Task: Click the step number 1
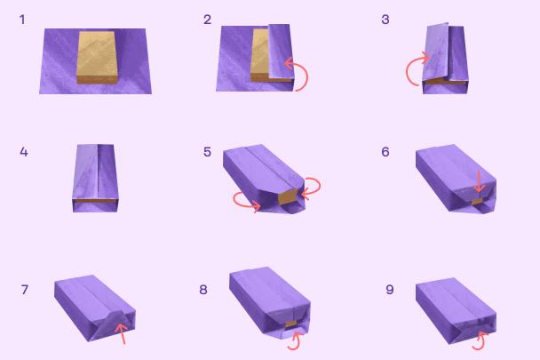click(x=22, y=20)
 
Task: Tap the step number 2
click(x=207, y=20)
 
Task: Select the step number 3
click(x=385, y=20)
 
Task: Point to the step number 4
click(x=24, y=152)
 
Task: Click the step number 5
click(x=207, y=152)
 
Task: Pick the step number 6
click(x=385, y=152)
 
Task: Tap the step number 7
click(x=25, y=290)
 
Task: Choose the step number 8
click(x=203, y=290)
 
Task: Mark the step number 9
click(x=390, y=290)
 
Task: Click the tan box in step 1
click(x=97, y=58)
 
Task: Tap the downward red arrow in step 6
click(x=479, y=181)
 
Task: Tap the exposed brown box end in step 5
click(x=288, y=196)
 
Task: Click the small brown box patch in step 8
click(x=291, y=324)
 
